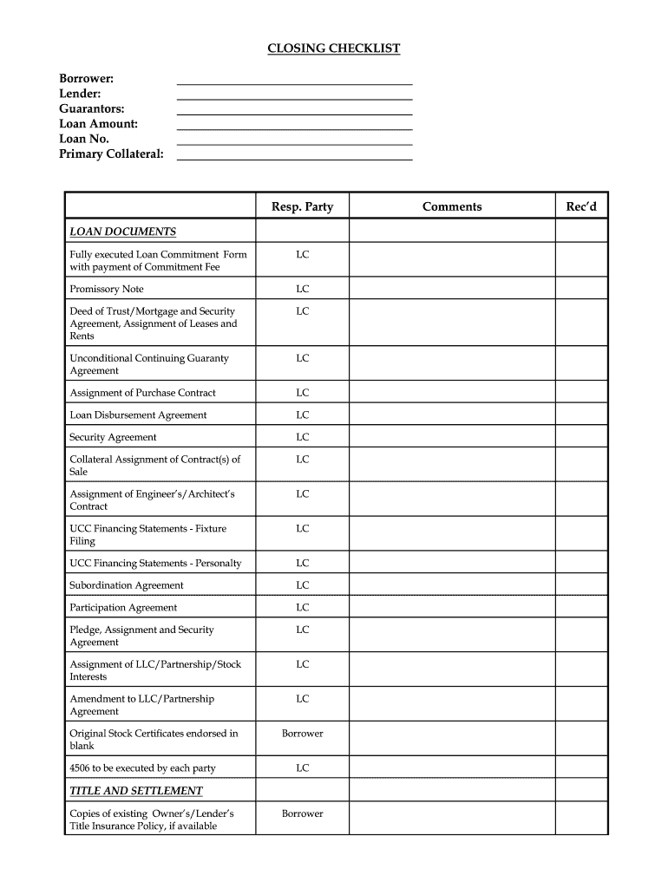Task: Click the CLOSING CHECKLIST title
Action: [x=333, y=49]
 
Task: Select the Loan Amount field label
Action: [x=98, y=124]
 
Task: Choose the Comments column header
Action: [x=452, y=206]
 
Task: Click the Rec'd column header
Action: [x=581, y=206]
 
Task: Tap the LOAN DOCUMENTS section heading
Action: [x=122, y=232]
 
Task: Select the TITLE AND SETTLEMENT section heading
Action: [x=136, y=791]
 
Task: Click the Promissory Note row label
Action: [x=107, y=289]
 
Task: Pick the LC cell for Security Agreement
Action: [x=302, y=437]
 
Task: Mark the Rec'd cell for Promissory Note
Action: [x=581, y=289]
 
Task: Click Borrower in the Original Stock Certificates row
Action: [x=302, y=734]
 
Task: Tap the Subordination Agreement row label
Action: [x=127, y=585]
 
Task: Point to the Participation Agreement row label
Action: [x=123, y=608]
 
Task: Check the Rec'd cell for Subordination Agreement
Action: [x=581, y=585]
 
